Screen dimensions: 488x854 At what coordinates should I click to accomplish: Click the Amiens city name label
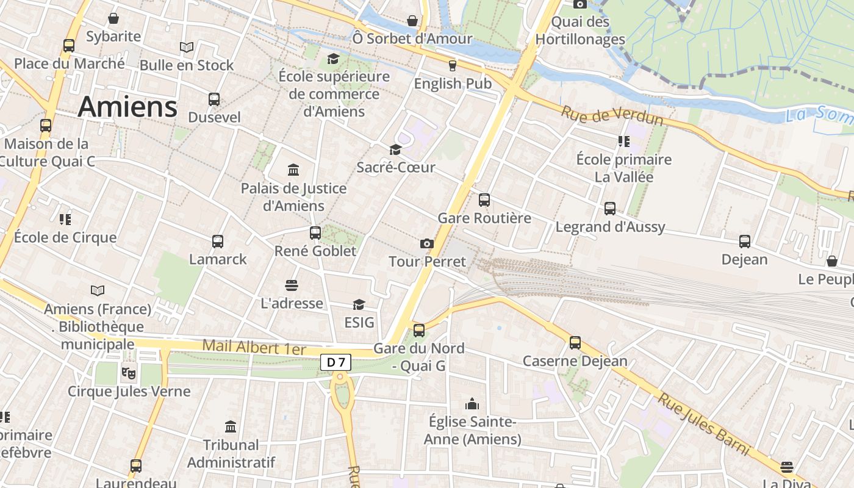coord(127,107)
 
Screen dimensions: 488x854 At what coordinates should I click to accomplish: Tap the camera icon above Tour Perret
coord(427,244)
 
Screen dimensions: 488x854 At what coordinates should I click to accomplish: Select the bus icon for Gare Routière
coord(484,199)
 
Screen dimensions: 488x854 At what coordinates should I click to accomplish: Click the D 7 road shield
coord(335,362)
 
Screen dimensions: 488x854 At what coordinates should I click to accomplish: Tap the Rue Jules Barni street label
coord(703,425)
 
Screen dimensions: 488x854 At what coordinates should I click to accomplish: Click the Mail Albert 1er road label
coord(254,347)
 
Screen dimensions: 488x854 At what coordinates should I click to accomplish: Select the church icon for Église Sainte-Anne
coord(472,404)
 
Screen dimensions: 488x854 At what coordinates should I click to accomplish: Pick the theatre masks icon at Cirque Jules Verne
coord(128,371)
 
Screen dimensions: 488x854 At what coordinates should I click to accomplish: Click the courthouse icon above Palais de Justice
coord(293,170)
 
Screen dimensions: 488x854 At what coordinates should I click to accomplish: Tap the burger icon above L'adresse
coord(292,285)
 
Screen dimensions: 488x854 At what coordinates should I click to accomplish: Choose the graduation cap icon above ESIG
coord(359,304)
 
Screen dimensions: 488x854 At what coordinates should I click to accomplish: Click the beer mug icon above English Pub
coord(453,65)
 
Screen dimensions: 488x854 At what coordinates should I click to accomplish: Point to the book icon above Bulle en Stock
coord(187,47)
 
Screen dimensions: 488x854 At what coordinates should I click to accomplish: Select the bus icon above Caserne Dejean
coord(575,343)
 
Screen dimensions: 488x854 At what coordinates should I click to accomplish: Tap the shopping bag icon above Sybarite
coord(113,19)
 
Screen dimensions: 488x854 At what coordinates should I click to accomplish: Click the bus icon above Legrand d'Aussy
coord(610,209)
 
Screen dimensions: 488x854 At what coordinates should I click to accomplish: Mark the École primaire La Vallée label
coord(623,168)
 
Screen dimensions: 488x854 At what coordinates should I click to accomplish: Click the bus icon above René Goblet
coord(315,233)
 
